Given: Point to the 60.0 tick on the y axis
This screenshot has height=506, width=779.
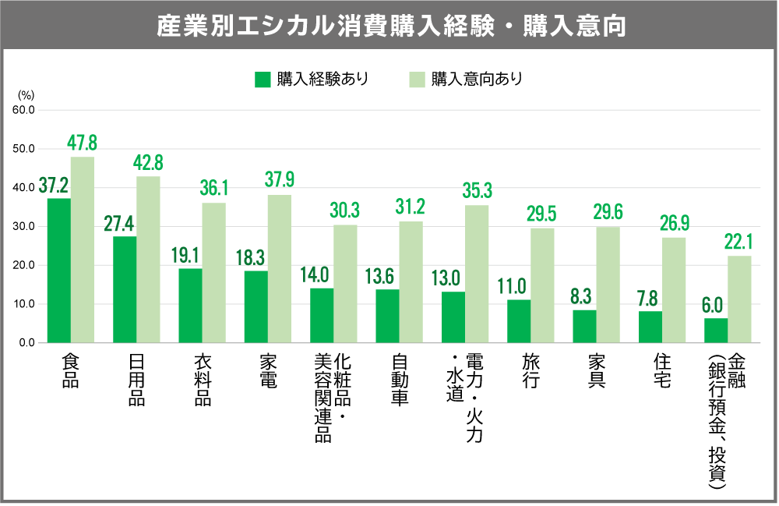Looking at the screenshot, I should tap(23, 110).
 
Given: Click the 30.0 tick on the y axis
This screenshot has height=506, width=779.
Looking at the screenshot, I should tap(23, 226).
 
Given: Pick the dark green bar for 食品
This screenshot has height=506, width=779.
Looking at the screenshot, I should tap(58, 270).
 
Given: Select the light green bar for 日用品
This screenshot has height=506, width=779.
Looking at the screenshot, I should tap(148, 259).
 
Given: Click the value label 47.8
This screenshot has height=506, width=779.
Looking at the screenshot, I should tap(82, 143).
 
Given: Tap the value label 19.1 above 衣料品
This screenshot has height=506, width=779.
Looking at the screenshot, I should tap(186, 254).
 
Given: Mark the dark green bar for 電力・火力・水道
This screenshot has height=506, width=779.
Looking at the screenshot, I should tap(453, 317).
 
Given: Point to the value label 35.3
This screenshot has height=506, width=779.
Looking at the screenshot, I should tap(476, 191).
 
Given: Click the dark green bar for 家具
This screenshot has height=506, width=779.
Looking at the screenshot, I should tap(584, 326).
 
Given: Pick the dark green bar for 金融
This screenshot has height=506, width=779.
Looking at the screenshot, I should tap(715, 330).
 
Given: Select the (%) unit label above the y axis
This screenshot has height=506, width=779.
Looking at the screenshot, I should tap(26, 95).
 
